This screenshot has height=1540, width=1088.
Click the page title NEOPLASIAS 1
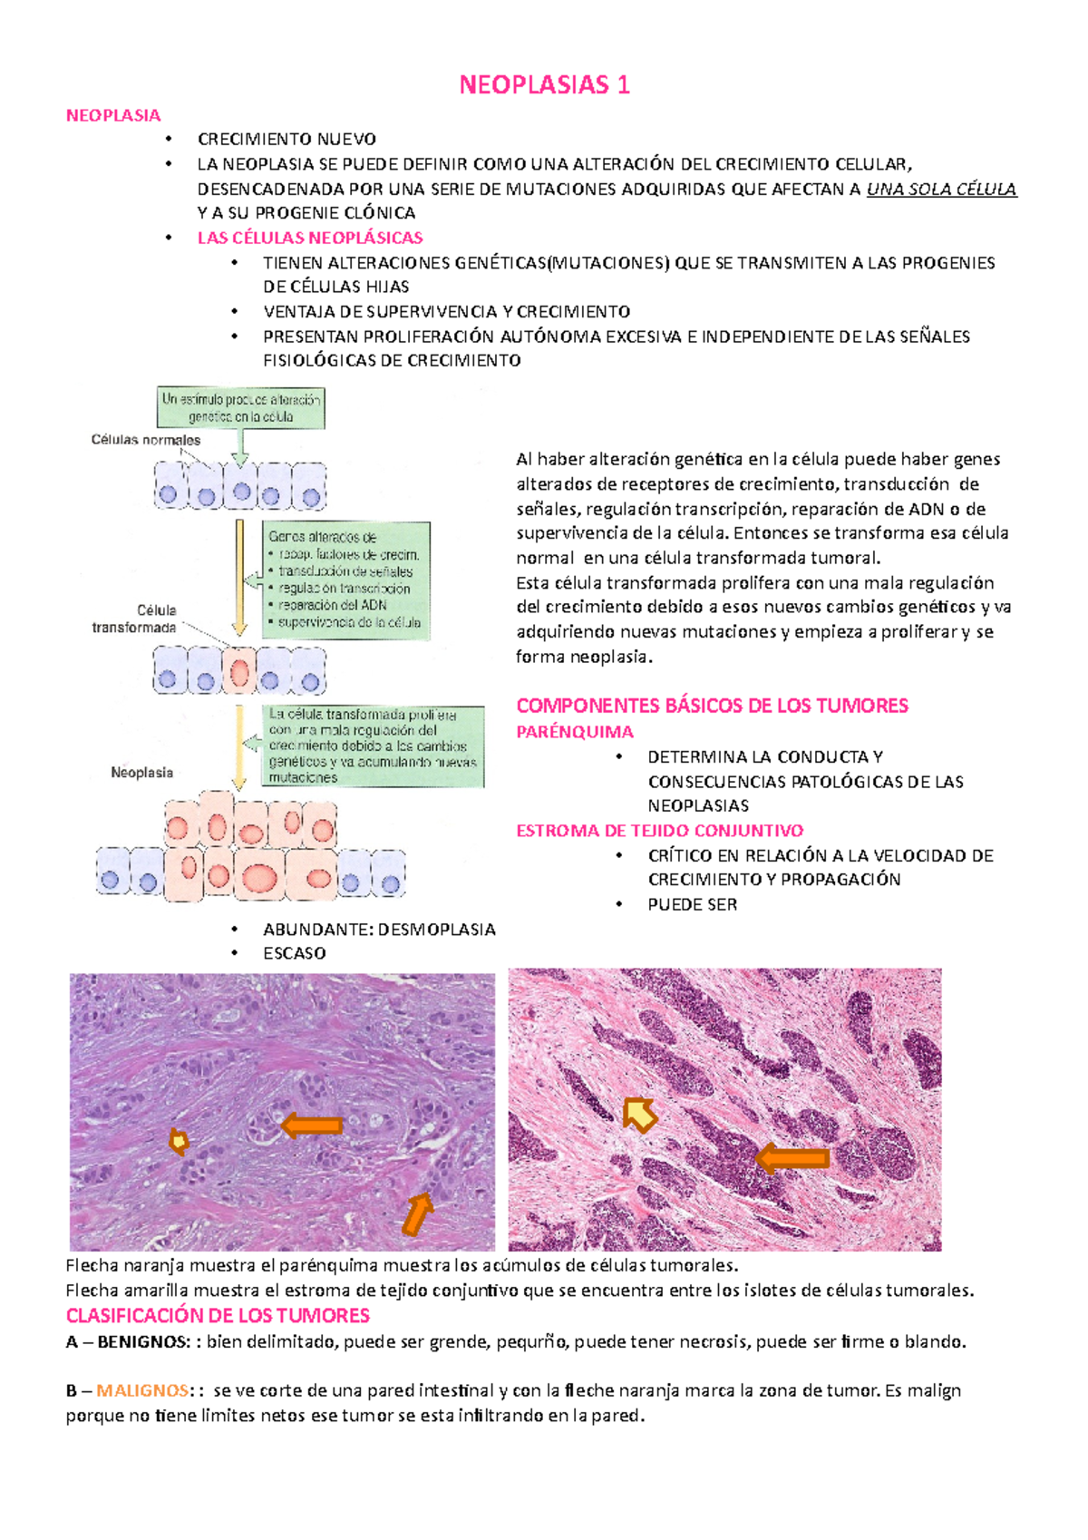click(544, 85)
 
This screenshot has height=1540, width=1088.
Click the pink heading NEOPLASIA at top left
click(113, 115)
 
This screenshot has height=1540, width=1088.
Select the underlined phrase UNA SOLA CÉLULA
click(941, 190)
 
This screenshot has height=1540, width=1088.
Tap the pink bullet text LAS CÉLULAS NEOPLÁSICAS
click(310, 239)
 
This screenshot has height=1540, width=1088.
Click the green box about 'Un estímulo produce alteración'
click(240, 408)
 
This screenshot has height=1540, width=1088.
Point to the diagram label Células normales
click(146, 440)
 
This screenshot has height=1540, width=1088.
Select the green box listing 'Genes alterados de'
click(345, 580)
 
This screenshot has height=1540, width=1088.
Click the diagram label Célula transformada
click(134, 619)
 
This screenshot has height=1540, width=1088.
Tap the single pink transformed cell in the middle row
click(239, 672)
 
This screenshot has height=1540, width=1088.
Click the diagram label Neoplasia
click(141, 773)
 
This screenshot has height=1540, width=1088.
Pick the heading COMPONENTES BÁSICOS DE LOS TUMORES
click(712, 706)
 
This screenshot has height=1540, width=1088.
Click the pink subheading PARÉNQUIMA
click(575, 732)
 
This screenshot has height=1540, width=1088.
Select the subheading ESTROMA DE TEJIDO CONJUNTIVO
click(659, 831)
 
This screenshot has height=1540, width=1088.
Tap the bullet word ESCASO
click(295, 954)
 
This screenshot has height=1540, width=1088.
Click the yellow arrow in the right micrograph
click(640, 1114)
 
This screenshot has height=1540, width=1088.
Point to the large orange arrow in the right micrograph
click(792, 1158)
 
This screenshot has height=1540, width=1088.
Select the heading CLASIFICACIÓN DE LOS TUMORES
click(218, 1316)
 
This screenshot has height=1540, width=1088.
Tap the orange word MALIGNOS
click(142, 1391)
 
